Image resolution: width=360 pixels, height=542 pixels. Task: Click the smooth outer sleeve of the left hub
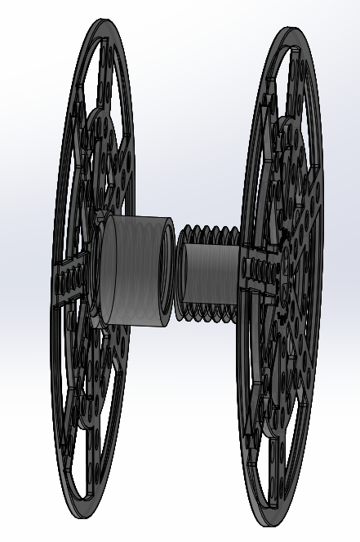point(135,265)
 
